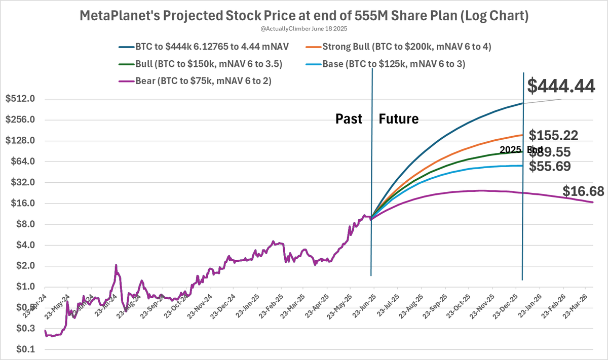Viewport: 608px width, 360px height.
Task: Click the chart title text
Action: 304,16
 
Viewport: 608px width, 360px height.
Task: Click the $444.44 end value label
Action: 561,86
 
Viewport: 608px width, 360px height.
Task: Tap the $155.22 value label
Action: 553,135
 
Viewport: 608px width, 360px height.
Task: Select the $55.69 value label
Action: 550,166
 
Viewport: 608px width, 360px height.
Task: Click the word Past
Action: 349,119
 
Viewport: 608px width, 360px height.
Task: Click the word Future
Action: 399,119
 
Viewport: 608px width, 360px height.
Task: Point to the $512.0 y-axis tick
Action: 19,99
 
